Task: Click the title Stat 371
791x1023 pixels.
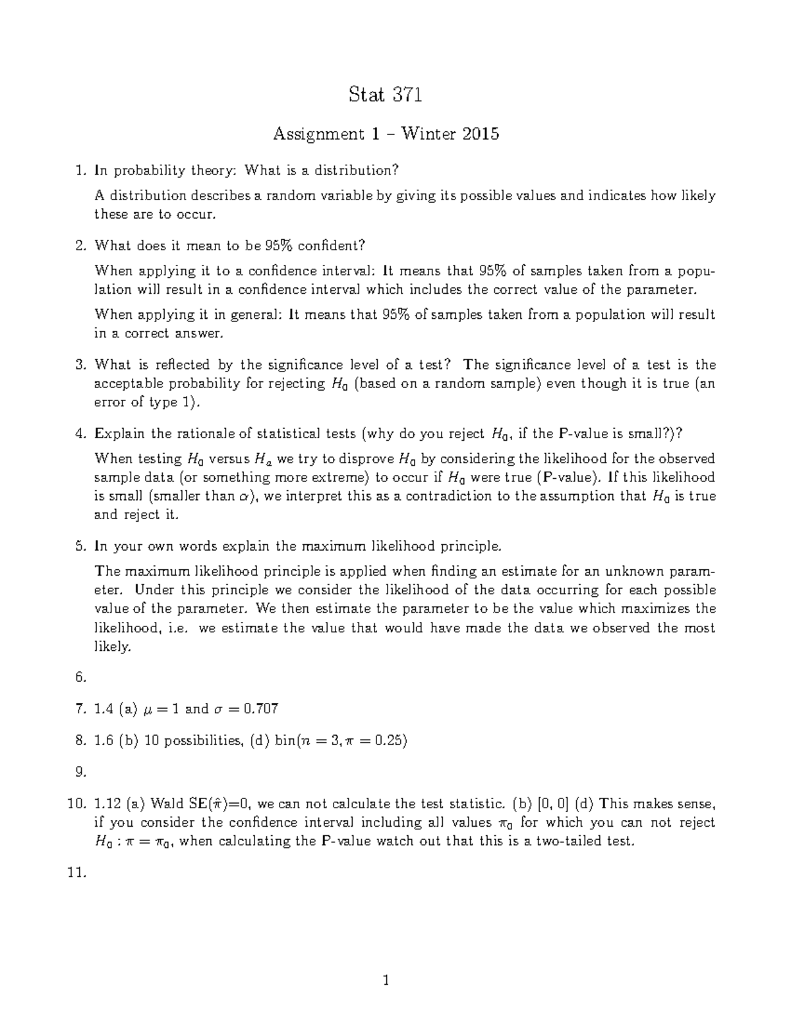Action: [385, 96]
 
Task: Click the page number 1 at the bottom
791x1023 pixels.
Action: [386, 981]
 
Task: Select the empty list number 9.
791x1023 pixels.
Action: [80, 772]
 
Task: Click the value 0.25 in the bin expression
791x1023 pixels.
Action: [388, 740]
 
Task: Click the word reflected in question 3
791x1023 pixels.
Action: [195, 365]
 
